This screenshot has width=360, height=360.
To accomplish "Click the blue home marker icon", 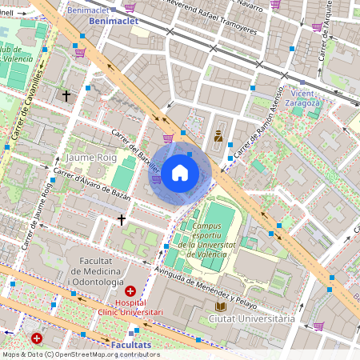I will (x=180, y=172).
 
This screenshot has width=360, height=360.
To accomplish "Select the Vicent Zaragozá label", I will (x=306, y=98).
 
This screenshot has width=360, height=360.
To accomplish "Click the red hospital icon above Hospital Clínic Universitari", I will (x=130, y=290).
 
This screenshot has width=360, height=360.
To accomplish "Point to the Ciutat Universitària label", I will (x=251, y=318).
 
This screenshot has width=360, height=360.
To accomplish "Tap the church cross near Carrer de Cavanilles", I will (x=66, y=95).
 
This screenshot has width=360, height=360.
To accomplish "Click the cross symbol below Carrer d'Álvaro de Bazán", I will (x=122, y=218).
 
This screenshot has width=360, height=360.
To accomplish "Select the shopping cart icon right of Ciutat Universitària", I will (x=318, y=326).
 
